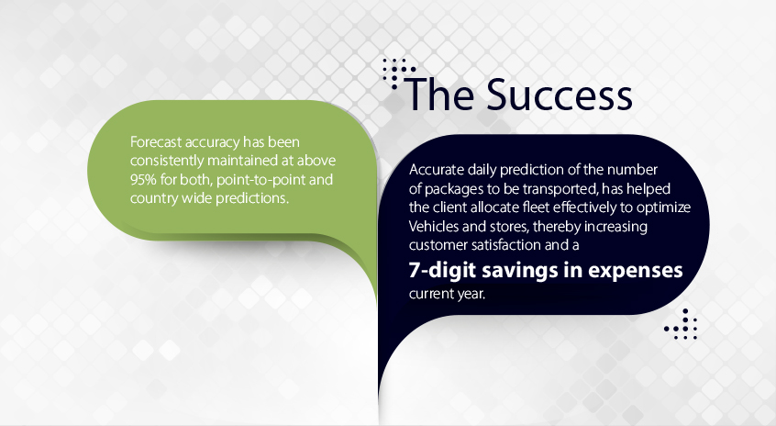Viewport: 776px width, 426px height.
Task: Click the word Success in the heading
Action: tap(560, 95)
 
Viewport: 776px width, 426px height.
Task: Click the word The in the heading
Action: tap(439, 94)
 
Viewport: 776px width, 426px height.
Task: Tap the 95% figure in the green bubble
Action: tap(143, 179)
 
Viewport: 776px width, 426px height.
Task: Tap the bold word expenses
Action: tap(636, 272)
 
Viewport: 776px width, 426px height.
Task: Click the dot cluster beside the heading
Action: tap(398, 73)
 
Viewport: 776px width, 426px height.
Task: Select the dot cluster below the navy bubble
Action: tap(681, 324)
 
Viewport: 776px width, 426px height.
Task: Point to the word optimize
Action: tap(663, 207)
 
